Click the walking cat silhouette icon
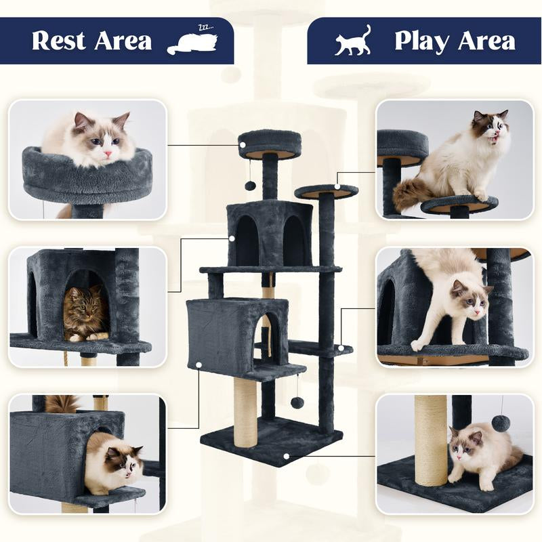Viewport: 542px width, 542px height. (353, 41)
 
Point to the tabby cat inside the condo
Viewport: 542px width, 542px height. (85, 313)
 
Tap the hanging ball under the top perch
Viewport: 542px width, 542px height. (250, 186)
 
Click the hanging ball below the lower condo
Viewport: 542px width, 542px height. (297, 402)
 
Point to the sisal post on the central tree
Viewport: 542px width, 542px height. (245, 411)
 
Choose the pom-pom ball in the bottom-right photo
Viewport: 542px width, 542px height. (501, 423)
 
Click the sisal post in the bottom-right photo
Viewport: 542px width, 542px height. (431, 440)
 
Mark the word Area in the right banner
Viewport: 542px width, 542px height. (486, 41)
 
